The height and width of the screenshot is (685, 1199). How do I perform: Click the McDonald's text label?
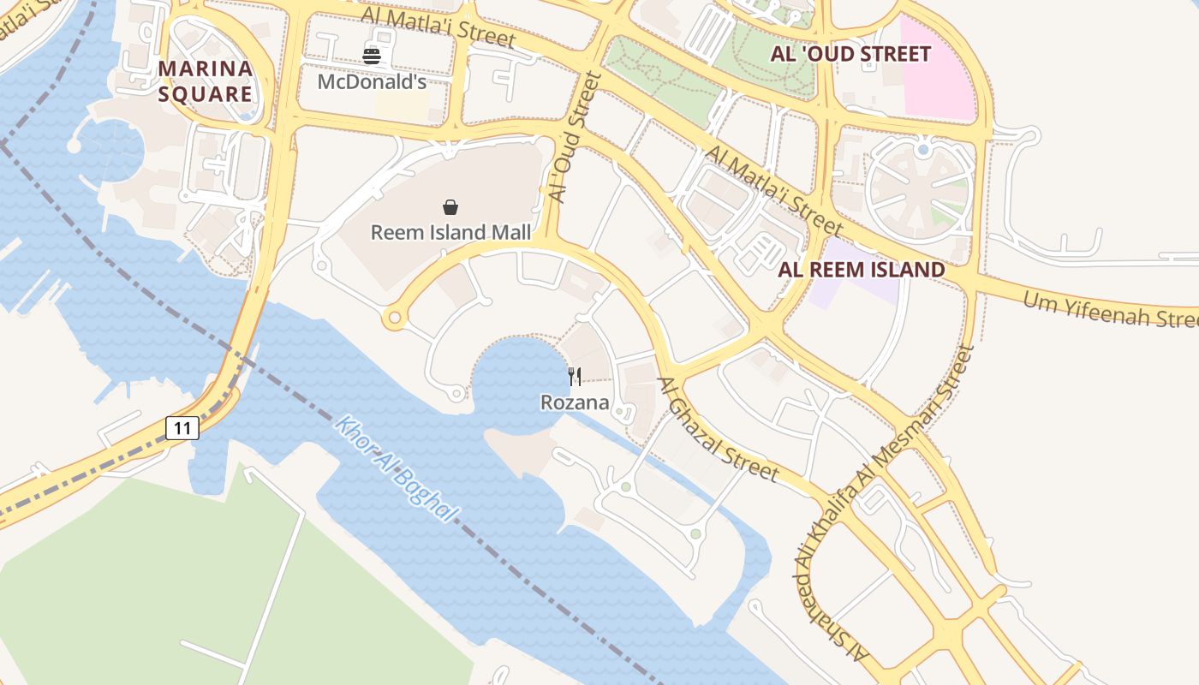(372, 82)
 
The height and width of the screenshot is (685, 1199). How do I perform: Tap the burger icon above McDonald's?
(372, 57)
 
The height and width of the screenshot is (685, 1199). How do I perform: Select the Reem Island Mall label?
(450, 232)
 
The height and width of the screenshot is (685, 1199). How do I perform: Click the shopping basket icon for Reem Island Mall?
(450, 207)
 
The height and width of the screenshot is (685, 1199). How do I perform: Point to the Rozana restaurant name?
(575, 402)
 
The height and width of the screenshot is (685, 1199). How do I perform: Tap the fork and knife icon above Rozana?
(575, 377)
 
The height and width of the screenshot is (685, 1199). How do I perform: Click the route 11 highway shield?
(182, 427)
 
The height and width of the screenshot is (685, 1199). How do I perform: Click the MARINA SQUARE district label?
(206, 81)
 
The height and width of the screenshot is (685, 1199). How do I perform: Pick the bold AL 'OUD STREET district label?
(850, 54)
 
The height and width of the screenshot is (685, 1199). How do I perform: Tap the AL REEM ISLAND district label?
(862, 270)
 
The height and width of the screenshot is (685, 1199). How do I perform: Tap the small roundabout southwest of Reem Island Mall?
(395, 319)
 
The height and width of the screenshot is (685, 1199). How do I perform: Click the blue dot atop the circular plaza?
(922, 150)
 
